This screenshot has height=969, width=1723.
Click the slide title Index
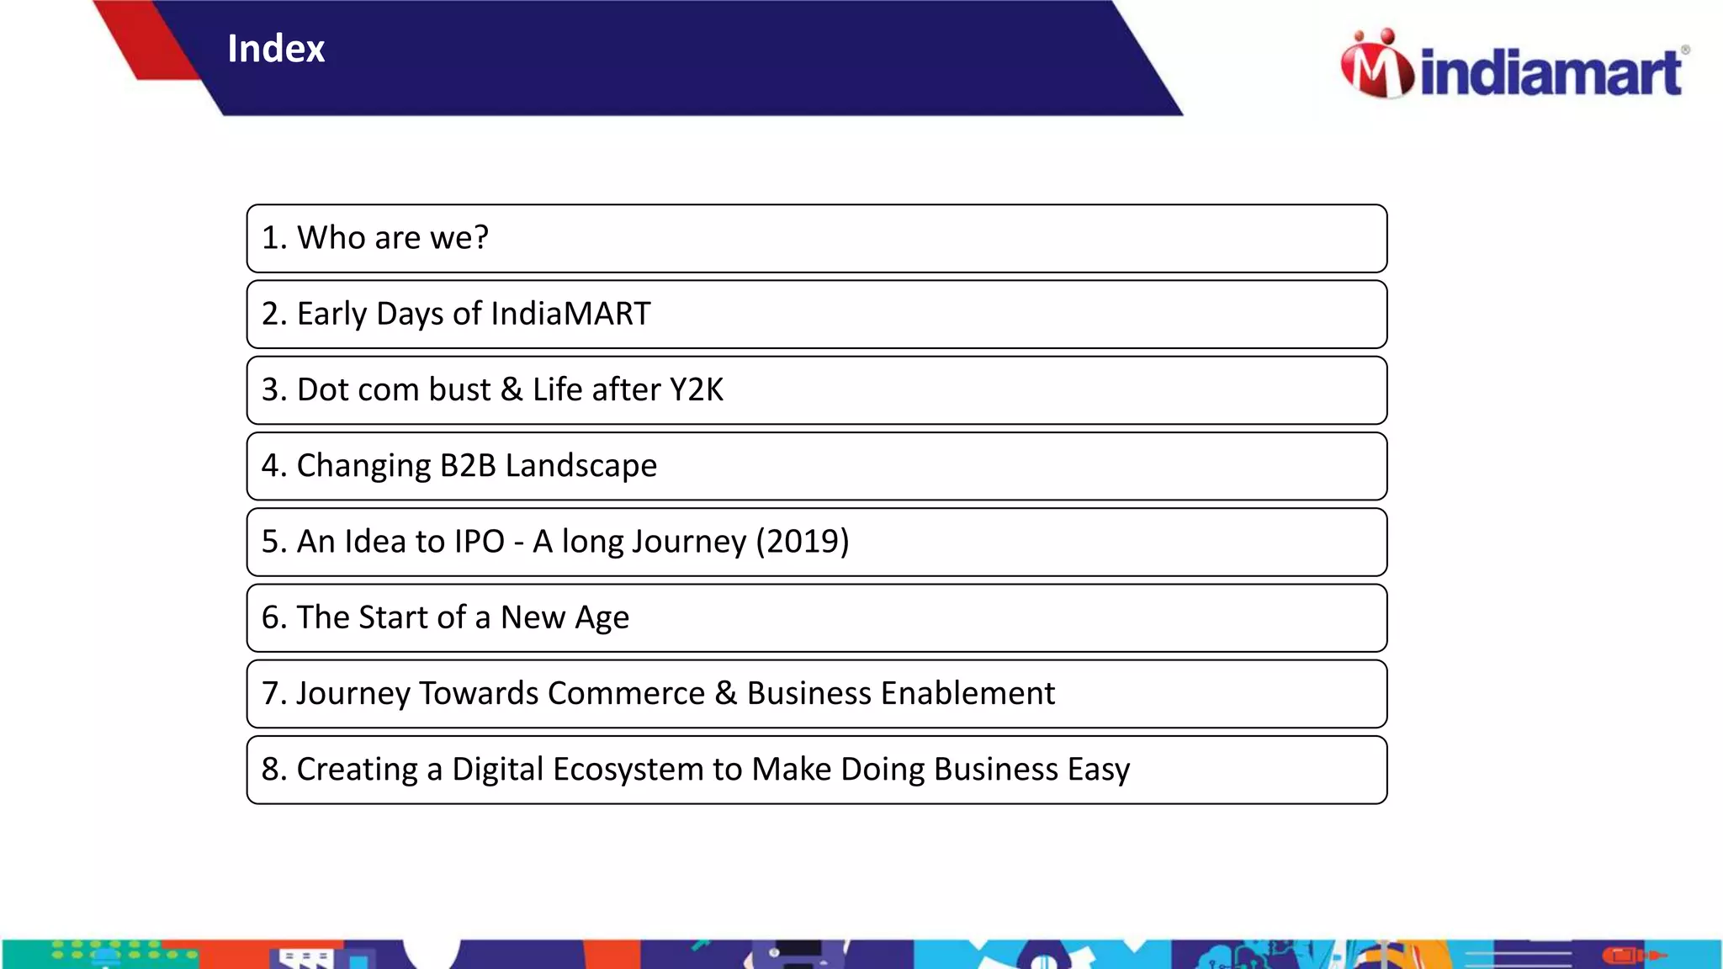click(276, 49)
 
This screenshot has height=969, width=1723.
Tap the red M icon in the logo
click(1376, 67)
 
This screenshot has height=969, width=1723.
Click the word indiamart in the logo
click(1551, 72)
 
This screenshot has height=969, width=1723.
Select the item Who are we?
click(375, 238)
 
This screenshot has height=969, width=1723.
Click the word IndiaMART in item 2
click(570, 314)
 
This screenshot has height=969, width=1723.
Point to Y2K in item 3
click(696, 389)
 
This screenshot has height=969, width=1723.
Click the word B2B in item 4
click(467, 465)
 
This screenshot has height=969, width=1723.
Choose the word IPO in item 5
click(479, 541)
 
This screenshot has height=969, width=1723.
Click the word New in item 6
click(533, 617)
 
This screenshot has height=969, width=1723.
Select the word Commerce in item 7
click(626, 693)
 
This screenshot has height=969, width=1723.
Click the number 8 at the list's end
click(270, 769)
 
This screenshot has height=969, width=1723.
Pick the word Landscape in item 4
click(581, 465)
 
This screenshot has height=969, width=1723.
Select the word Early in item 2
click(331, 314)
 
